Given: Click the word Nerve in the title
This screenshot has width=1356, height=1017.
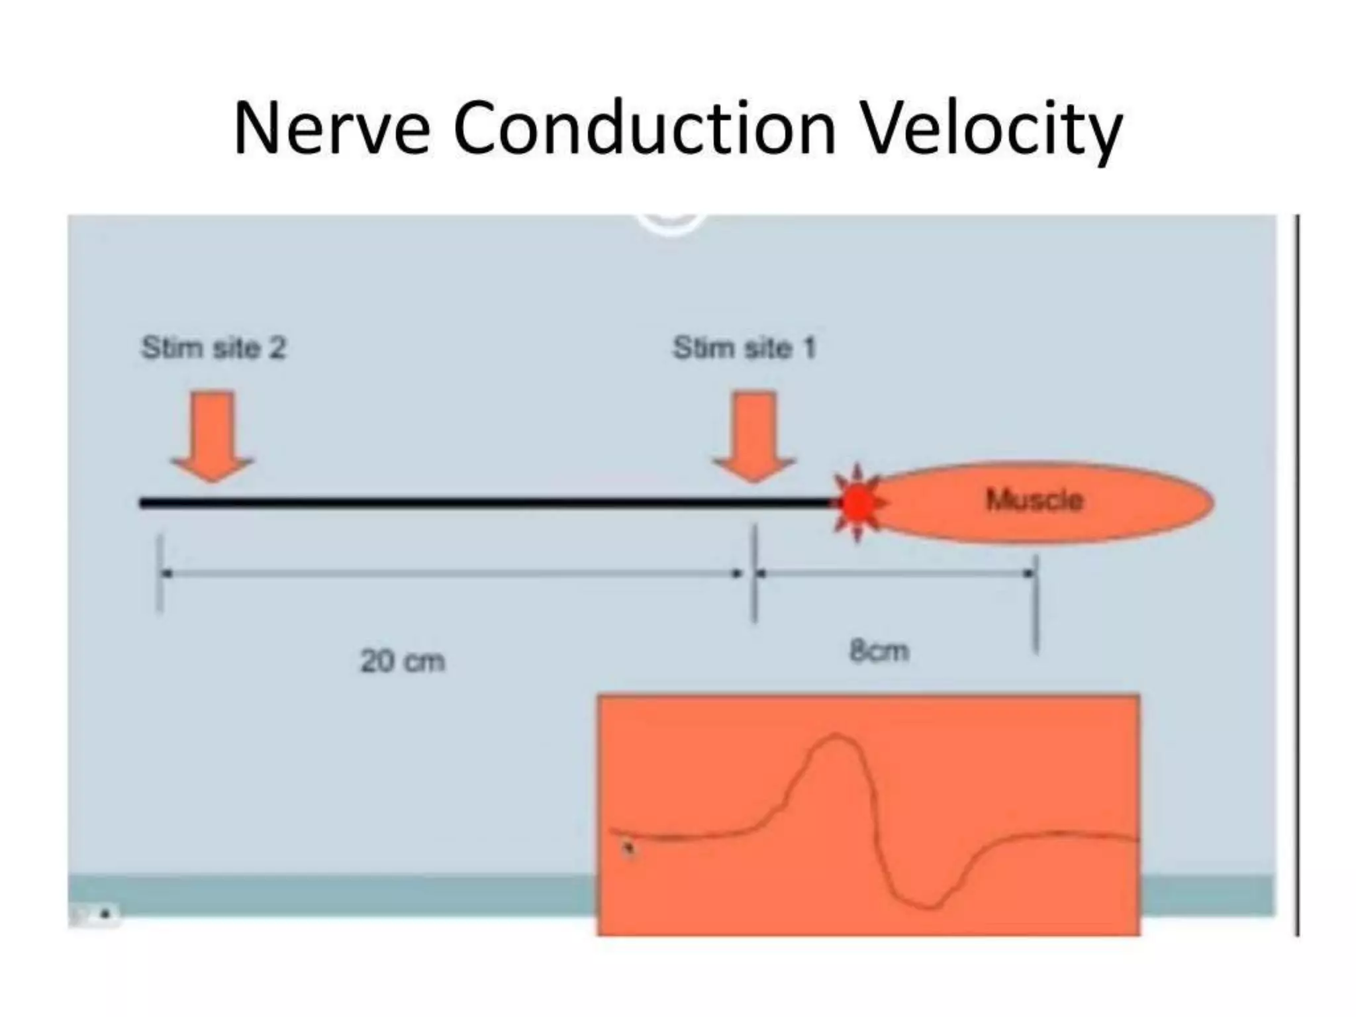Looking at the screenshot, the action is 331,128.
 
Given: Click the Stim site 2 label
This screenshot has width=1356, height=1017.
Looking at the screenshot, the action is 213,348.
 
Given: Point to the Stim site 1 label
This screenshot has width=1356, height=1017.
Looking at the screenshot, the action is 744,348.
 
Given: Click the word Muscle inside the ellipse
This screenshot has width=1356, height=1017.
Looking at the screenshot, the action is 1034,500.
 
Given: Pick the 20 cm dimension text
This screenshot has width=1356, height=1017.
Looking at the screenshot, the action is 402,661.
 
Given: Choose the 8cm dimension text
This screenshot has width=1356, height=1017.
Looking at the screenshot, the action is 879,652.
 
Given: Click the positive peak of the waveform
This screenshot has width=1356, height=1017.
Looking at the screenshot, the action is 836,736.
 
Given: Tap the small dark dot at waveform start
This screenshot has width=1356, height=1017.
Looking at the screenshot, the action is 628,847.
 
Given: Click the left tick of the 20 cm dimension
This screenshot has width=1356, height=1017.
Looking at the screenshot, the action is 160,573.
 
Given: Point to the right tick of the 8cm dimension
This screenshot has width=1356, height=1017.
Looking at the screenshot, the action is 1036,603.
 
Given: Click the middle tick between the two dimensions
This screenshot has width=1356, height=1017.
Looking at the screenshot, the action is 754,573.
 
